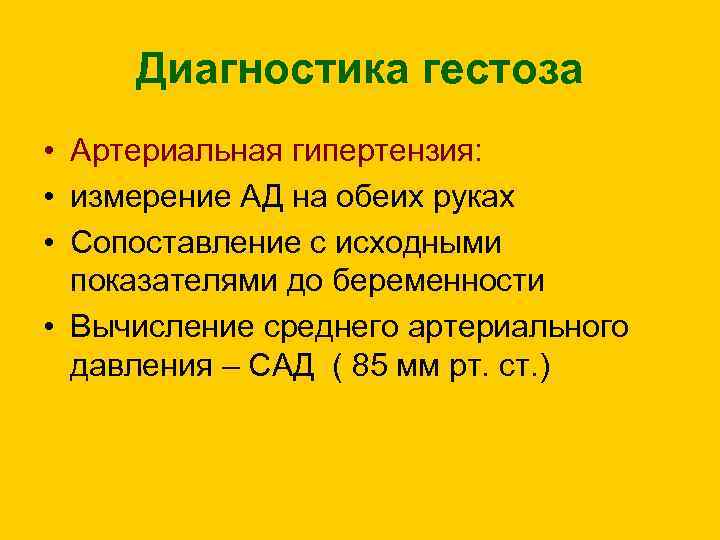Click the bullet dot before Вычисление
pos(48,326)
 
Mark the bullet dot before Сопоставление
pos(48,240)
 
